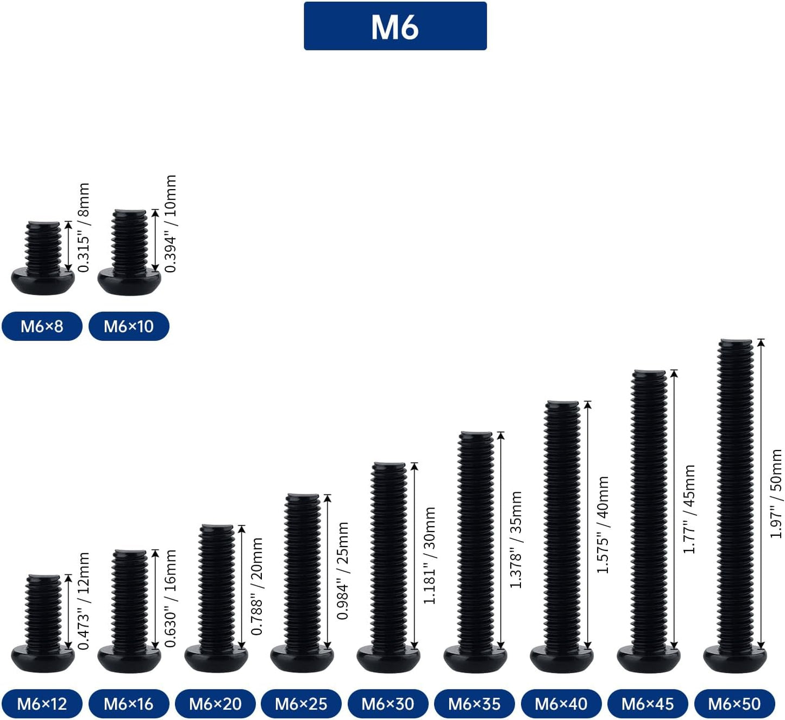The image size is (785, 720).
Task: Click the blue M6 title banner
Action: point(395,26)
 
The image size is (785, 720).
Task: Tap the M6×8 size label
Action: point(42,326)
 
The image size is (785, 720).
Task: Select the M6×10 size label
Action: point(129,326)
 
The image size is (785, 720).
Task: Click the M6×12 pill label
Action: point(42,704)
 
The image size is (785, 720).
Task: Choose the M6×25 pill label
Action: point(301,704)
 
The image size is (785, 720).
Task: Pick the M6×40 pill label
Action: point(561,704)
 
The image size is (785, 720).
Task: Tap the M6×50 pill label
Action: point(734,704)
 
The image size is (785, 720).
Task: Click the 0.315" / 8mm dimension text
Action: point(84,227)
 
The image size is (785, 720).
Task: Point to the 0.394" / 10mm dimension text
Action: point(171,223)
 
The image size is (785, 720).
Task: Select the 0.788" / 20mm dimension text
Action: point(257,586)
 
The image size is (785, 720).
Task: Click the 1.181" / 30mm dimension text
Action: point(430,555)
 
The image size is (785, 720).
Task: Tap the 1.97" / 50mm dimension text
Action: point(776,494)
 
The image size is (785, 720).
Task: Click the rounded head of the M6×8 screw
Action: point(43,281)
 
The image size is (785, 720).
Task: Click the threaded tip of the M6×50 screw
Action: point(736,342)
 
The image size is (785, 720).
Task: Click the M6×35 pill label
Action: point(474,704)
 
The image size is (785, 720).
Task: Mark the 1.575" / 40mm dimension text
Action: point(603,524)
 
